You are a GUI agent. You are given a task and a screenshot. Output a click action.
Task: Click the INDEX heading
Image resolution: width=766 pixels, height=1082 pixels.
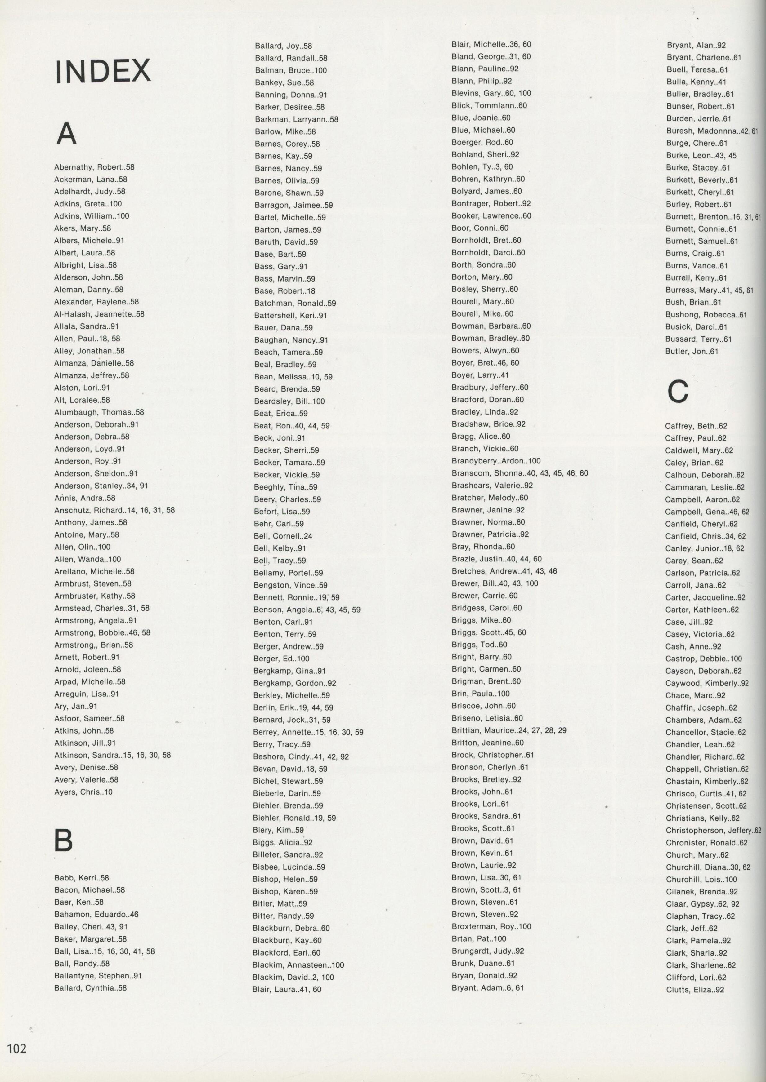[x=103, y=72]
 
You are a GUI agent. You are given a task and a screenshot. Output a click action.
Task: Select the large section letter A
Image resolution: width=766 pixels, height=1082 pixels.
[x=66, y=134]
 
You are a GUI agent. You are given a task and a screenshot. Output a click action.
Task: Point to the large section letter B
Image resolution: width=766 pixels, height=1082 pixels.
[x=64, y=840]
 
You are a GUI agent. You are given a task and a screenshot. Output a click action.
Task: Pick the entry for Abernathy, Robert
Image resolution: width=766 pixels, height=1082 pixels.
[x=94, y=167]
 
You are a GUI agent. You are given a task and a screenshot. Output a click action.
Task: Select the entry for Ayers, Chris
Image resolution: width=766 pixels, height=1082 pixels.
[x=83, y=792]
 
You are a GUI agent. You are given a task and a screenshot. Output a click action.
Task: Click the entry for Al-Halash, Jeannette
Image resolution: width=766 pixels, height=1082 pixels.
[x=99, y=314]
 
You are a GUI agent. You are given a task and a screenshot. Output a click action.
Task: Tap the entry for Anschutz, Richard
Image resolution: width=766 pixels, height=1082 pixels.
[x=114, y=510]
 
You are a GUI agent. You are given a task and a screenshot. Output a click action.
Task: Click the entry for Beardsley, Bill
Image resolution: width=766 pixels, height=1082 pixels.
[x=289, y=401]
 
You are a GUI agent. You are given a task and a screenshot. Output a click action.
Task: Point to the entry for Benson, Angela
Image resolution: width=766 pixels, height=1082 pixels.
[x=307, y=609]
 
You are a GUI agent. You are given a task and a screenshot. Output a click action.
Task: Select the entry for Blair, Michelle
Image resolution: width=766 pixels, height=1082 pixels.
[x=491, y=44]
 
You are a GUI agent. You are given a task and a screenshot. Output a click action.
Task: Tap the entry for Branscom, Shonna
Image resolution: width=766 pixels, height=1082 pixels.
[x=520, y=473]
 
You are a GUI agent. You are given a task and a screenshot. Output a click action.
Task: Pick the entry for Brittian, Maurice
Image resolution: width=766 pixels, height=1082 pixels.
[x=509, y=730]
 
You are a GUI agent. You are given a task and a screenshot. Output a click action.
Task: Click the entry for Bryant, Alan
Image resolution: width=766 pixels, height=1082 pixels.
[x=696, y=45]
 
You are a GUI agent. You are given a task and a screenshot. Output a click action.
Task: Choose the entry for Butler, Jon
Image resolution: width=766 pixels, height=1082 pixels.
[x=692, y=351]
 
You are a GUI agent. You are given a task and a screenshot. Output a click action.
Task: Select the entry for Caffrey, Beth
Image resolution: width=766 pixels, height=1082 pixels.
[x=696, y=426]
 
